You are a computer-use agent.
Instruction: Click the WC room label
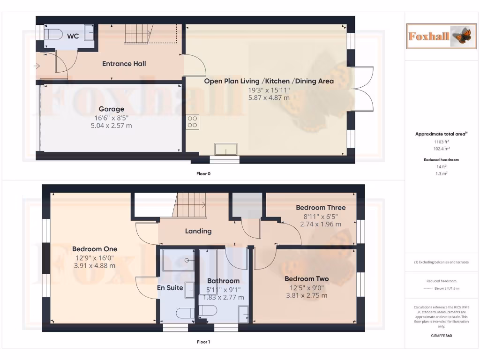73,36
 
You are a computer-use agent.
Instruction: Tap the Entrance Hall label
124,64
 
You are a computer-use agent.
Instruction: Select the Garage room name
111,109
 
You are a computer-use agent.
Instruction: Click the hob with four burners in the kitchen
193,122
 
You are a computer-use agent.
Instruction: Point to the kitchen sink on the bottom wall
226,149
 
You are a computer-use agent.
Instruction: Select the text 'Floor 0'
203,173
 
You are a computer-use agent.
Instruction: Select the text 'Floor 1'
203,342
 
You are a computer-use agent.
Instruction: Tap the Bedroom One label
95,249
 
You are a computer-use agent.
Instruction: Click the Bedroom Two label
306,279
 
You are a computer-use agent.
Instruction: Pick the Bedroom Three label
321,208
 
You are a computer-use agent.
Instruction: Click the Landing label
198,231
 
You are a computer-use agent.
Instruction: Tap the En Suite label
170,288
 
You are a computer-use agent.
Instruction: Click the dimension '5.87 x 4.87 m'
269,98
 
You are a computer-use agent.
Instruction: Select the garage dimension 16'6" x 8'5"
111,118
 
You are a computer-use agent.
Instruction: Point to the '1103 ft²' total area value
441,142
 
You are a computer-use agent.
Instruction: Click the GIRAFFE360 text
441,336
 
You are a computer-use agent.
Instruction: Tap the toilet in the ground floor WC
53,34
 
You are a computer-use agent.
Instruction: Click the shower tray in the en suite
178,261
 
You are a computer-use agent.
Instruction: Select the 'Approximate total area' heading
441,134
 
